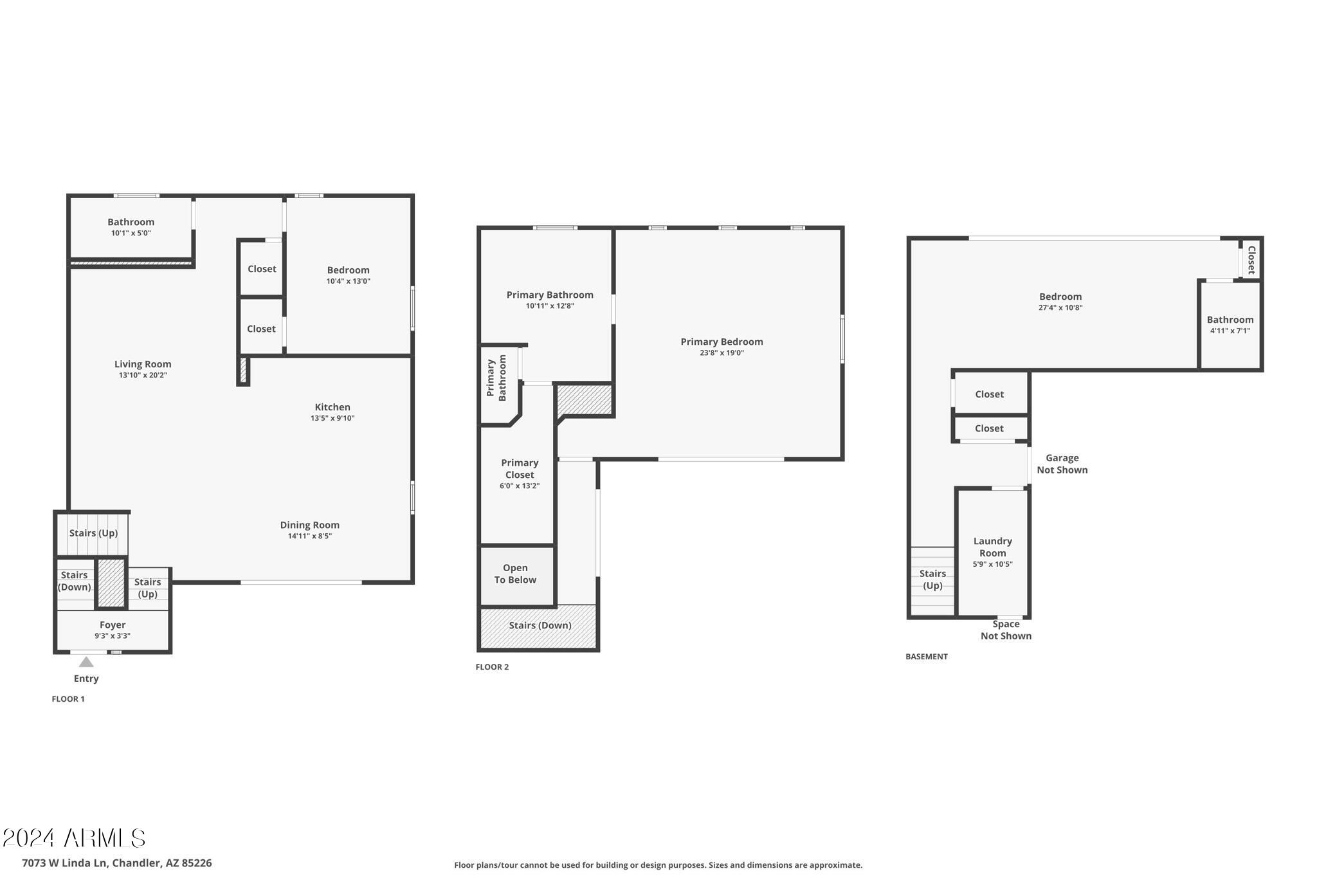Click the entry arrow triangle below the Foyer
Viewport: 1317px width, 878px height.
click(x=86, y=662)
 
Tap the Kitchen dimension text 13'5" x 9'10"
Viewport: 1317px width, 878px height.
click(x=332, y=418)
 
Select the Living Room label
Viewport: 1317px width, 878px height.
click(x=143, y=364)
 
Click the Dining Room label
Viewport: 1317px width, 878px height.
click(x=309, y=525)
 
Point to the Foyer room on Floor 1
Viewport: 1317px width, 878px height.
click(x=113, y=630)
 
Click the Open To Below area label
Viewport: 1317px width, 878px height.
click(x=515, y=574)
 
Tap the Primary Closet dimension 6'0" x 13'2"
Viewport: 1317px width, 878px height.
click(x=520, y=486)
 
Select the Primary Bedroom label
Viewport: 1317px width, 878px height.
click(x=722, y=342)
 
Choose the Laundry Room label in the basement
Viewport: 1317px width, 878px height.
click(x=992, y=547)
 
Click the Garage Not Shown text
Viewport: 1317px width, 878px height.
click(x=1062, y=464)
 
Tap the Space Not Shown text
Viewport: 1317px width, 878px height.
click(x=1006, y=630)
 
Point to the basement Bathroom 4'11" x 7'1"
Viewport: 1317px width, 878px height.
click(x=1230, y=325)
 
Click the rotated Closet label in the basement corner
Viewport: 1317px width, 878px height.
click(x=1251, y=260)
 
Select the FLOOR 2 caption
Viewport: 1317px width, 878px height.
click(x=492, y=667)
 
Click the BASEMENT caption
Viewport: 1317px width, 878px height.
click(x=926, y=657)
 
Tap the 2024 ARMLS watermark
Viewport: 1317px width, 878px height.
click(x=74, y=838)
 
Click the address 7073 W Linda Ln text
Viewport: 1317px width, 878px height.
click(x=116, y=863)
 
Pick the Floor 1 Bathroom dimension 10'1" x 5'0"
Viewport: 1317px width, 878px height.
click(x=131, y=233)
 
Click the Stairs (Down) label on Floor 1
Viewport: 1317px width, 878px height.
click(x=74, y=581)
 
